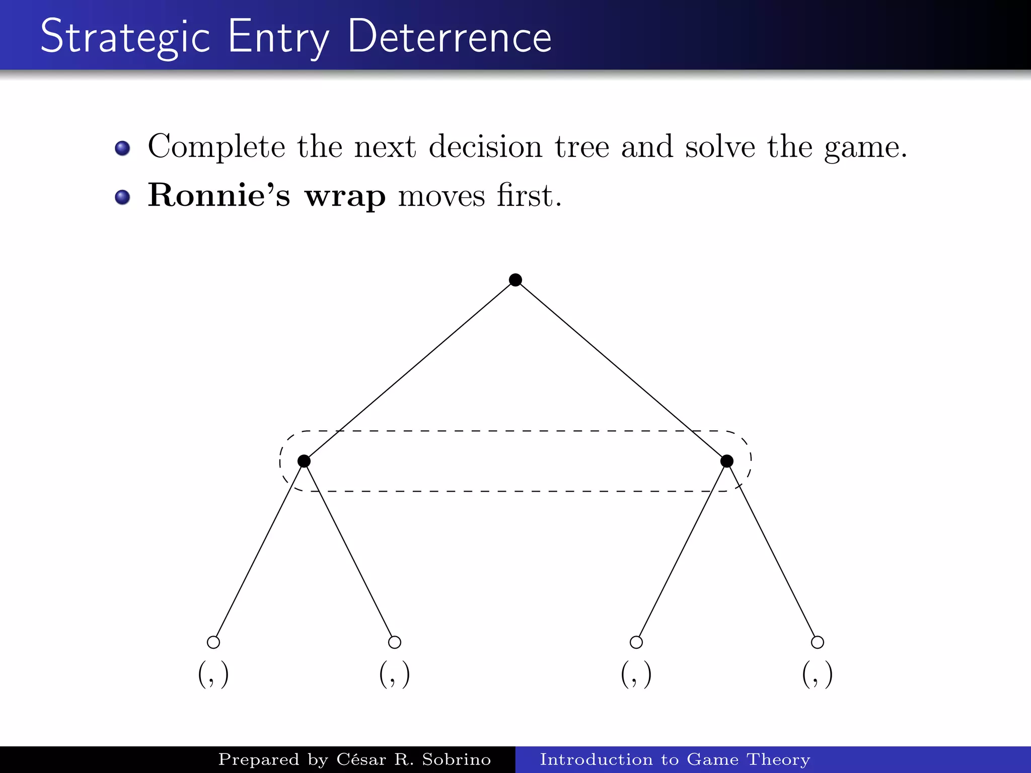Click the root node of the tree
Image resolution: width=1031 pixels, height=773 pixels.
pyautogui.click(x=515, y=280)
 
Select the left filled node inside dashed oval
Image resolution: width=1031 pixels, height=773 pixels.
pyautogui.click(x=304, y=461)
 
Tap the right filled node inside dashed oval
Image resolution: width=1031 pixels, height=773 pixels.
pyautogui.click(x=727, y=461)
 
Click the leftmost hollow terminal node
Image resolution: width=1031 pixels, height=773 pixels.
pyautogui.click(x=213, y=642)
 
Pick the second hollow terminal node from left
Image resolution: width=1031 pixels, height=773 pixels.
pyautogui.click(x=395, y=642)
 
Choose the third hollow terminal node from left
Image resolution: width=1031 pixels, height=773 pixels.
pyautogui.click(x=636, y=642)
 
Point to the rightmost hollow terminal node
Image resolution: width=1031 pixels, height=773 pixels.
pyautogui.click(x=818, y=642)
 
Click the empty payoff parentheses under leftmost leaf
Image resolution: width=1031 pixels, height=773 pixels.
pyautogui.click(x=213, y=675)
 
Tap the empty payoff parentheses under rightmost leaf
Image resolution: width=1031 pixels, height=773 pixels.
pyautogui.click(x=818, y=675)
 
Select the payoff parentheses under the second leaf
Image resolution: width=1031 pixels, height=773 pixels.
pyautogui.click(x=395, y=675)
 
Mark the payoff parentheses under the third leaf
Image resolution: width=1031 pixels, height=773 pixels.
pyautogui.click(x=636, y=675)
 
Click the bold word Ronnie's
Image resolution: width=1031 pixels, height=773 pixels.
pyautogui.click(x=219, y=195)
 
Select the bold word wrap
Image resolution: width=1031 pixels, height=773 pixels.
pyautogui.click(x=345, y=196)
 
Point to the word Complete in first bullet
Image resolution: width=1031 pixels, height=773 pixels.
pyautogui.click(x=216, y=147)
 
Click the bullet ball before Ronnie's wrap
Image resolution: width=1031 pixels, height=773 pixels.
pyautogui.click(x=122, y=197)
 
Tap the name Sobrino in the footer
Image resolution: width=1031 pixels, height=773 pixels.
pyautogui.click(x=456, y=759)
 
